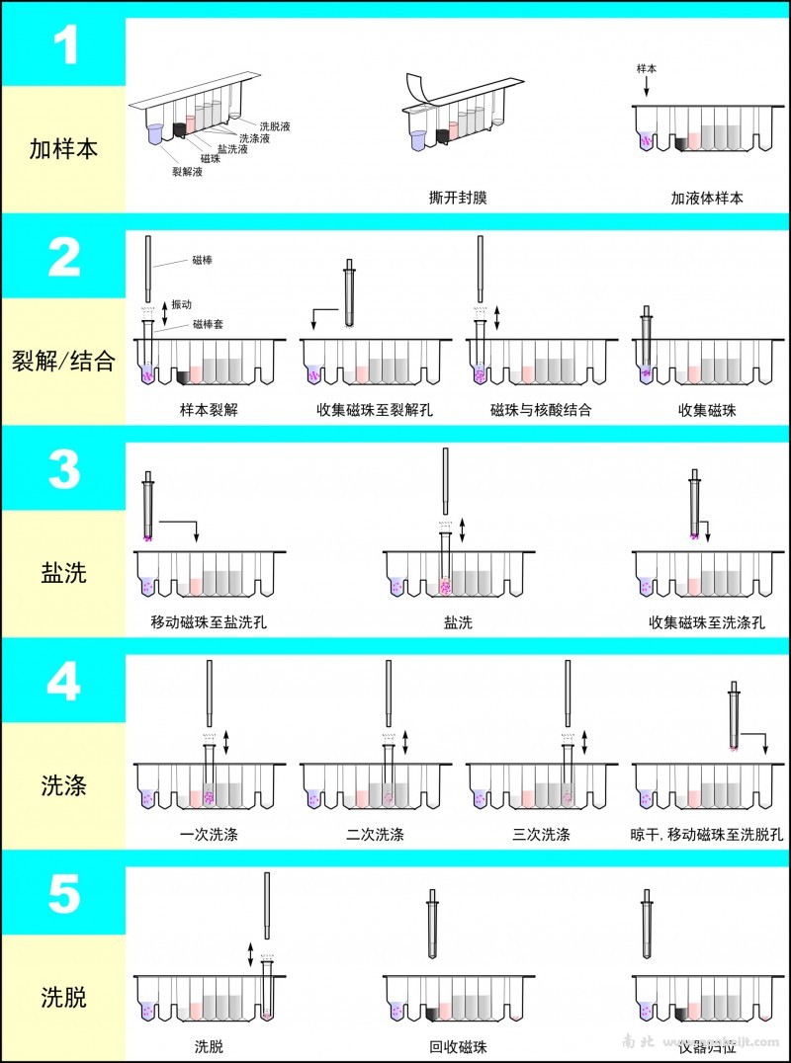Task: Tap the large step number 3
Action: point(64,471)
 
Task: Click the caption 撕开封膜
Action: point(452,198)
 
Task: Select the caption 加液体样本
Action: point(706,198)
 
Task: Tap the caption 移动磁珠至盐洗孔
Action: point(209,622)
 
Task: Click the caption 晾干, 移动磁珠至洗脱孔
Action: point(706,835)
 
